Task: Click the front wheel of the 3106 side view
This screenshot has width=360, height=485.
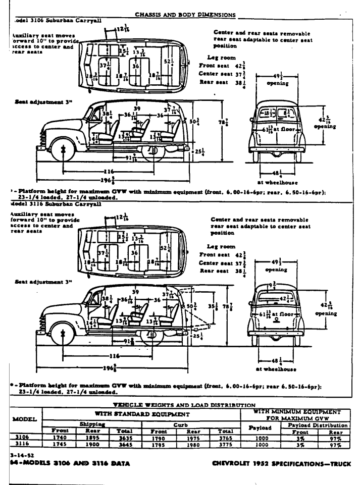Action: click(64, 150)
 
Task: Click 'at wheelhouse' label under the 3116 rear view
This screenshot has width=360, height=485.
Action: click(276, 367)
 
